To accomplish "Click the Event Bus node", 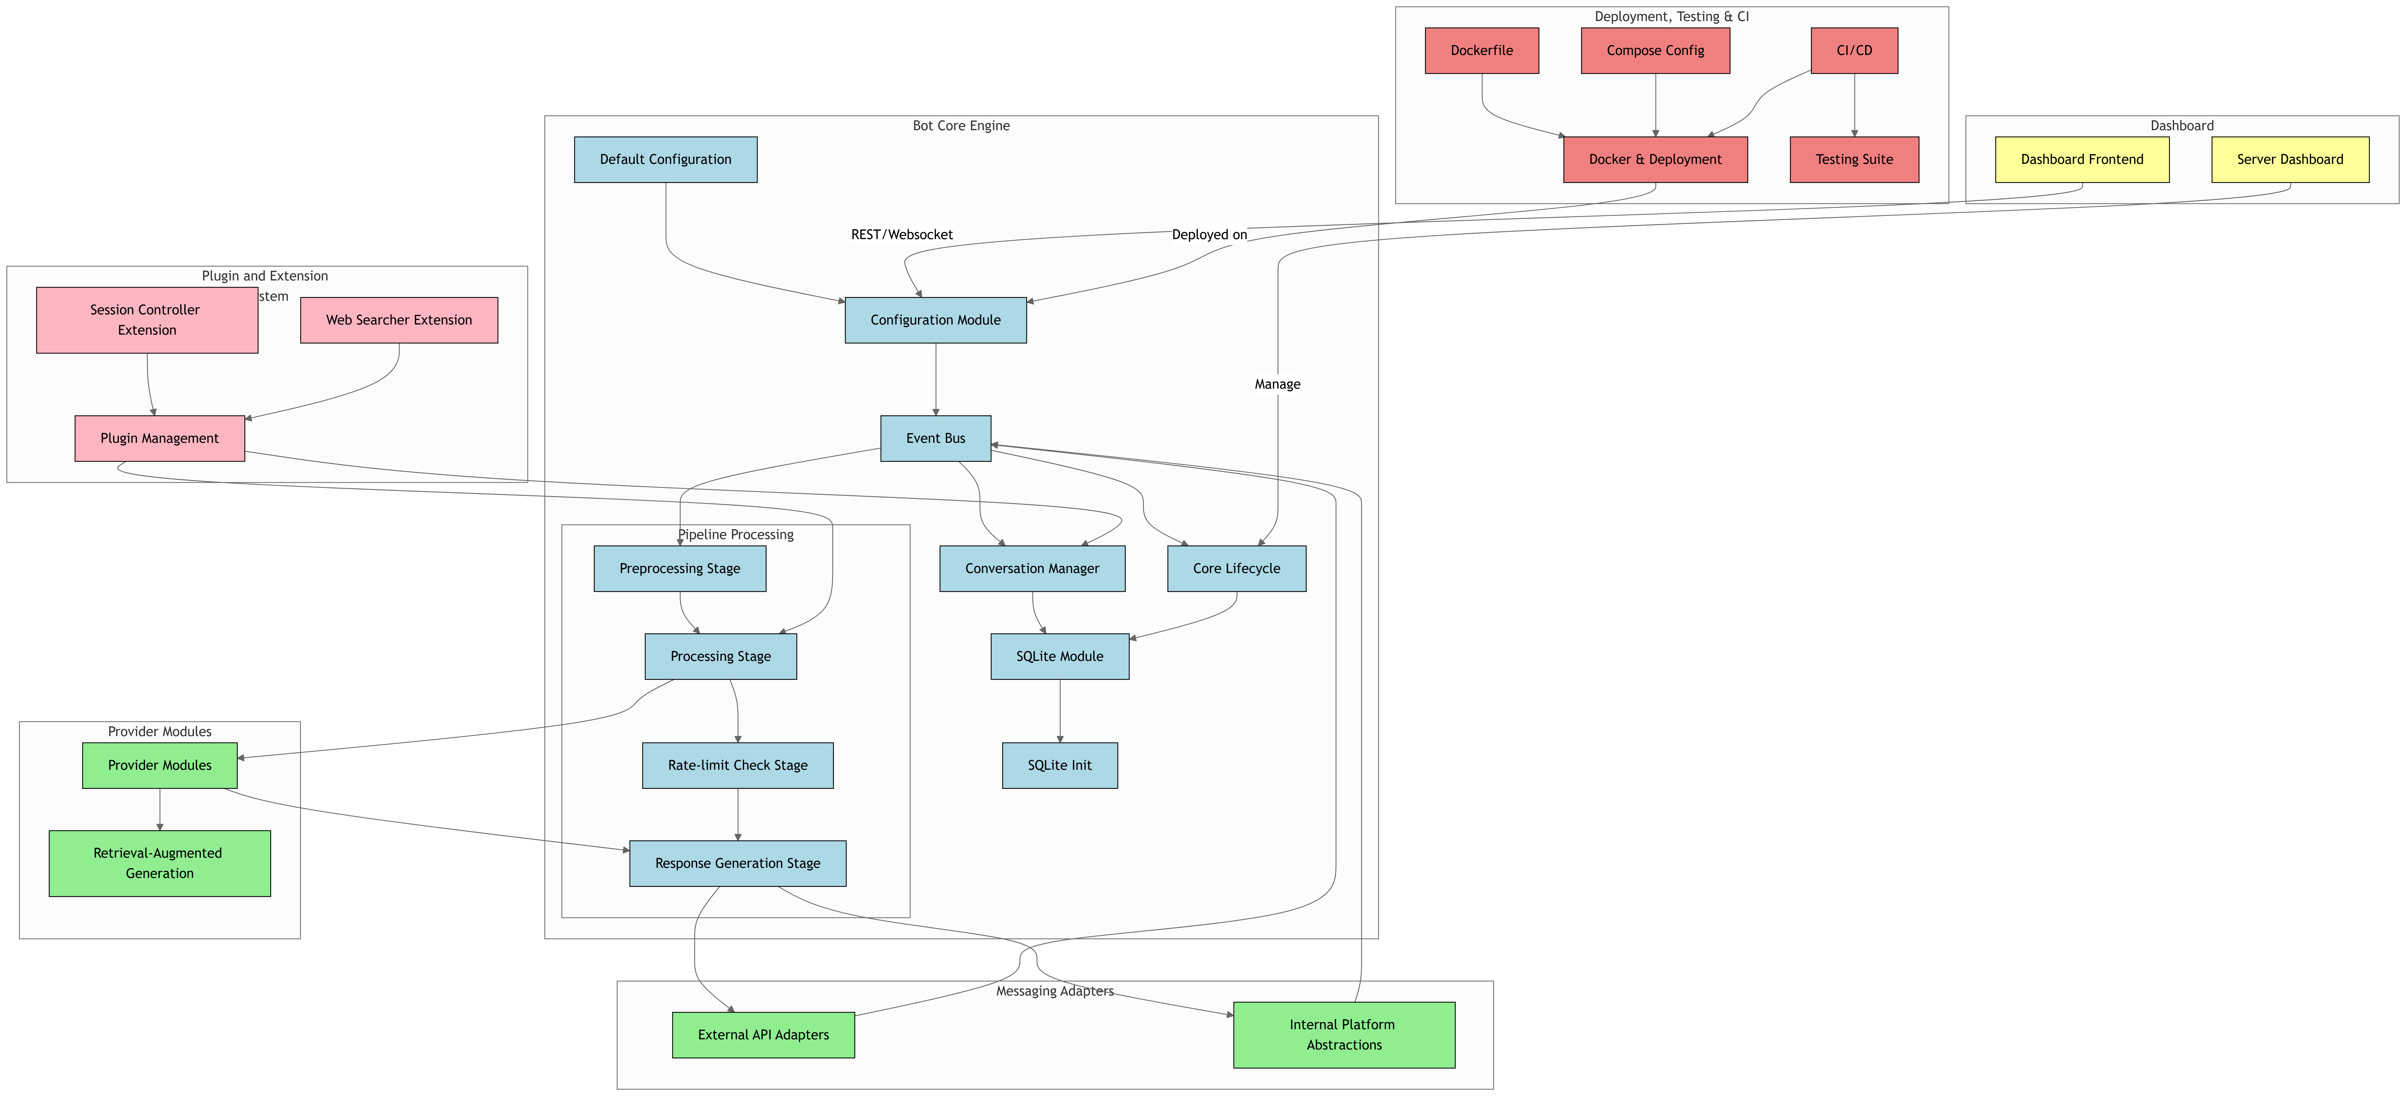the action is pyautogui.click(x=935, y=438).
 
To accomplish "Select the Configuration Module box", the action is pyautogui.click(x=935, y=320).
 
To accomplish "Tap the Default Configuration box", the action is pyautogui.click(x=665, y=160).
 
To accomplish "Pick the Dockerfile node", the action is pyautogui.click(x=1481, y=50).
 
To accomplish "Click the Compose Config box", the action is pyautogui.click(x=1655, y=50).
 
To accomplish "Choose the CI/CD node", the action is pyautogui.click(x=1854, y=50).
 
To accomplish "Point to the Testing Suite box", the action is pyautogui.click(x=1854, y=160).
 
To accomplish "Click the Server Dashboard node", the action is pyautogui.click(x=2290, y=160).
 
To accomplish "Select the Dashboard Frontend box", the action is pyautogui.click(x=2082, y=160).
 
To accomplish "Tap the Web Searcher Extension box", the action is pyautogui.click(x=399, y=320).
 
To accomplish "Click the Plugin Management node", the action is pyautogui.click(x=160, y=438).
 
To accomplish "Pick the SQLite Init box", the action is pyautogui.click(x=1059, y=766).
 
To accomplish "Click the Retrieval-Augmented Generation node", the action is pyautogui.click(x=160, y=864).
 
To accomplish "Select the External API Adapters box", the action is pyautogui.click(x=763, y=1035).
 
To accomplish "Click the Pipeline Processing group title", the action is pyautogui.click(x=736, y=535).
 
